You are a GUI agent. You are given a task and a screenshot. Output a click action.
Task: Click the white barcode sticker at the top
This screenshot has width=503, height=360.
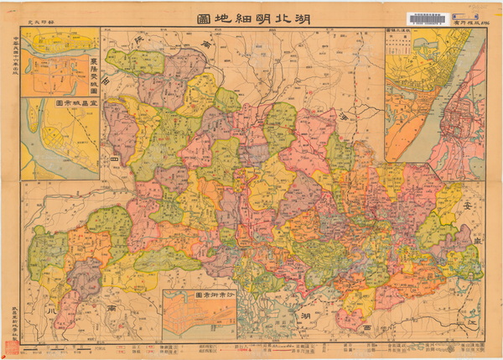click(426, 18)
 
